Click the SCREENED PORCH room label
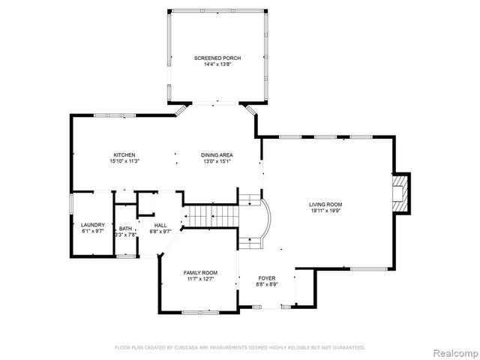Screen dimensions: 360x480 click(217, 58)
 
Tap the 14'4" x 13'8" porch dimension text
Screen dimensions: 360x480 click(217, 64)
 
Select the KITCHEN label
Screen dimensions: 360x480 click(124, 154)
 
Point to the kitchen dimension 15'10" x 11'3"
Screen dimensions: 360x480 click(124, 161)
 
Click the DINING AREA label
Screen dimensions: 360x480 click(215, 154)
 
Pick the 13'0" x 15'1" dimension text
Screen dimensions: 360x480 click(215, 161)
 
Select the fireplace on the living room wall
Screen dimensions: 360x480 click(401, 193)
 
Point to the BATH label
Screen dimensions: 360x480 click(124, 228)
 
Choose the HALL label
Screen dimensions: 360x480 click(161, 225)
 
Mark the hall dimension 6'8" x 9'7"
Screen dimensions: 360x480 click(161, 232)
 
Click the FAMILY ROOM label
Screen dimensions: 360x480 click(200, 272)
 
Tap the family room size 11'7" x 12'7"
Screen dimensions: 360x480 click(200, 279)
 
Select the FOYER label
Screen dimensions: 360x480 click(267, 277)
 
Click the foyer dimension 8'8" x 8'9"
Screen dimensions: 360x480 click(267, 284)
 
